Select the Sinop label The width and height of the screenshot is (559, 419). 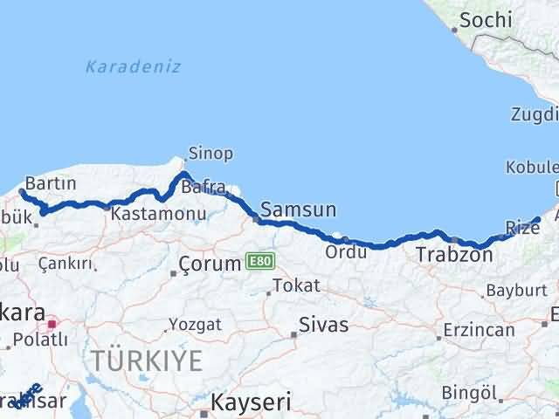coord(210,155)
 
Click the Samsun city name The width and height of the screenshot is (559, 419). coord(299,209)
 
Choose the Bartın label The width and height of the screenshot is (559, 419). coord(51,183)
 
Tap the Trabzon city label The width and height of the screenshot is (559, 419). coord(454,255)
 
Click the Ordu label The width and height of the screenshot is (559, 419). coord(340,251)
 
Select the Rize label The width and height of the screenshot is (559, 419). coord(523,228)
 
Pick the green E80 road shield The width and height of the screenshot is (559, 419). coord(260,261)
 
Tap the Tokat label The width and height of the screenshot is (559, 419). coord(296,285)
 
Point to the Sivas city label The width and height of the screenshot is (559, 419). coord(323,325)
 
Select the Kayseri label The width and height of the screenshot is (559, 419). coord(244,402)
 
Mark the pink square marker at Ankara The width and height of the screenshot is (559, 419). coord(52,323)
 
